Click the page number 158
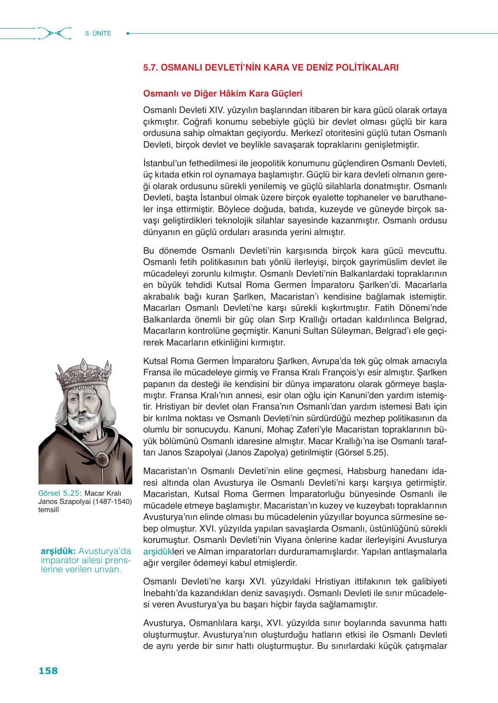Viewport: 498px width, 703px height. point(48,671)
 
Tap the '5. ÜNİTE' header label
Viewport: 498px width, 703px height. point(98,33)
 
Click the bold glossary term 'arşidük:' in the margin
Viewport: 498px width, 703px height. point(58,551)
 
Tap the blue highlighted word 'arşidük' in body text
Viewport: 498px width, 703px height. point(156,552)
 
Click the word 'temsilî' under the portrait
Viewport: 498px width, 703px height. point(48,509)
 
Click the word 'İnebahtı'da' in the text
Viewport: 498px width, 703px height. point(163,592)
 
